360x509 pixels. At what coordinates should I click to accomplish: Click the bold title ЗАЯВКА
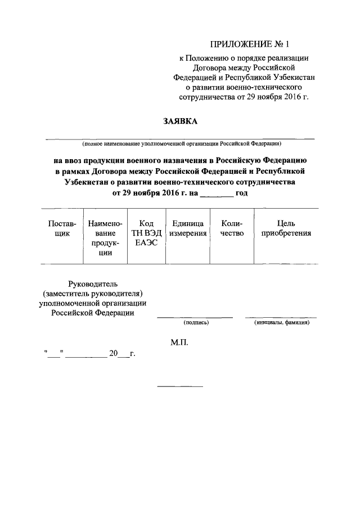[181, 121]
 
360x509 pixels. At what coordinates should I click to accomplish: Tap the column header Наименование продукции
[105, 238]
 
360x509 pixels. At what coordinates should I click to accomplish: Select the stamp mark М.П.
[179, 342]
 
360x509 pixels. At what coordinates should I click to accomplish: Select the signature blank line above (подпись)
[195, 317]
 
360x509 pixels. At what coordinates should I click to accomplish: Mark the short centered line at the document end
[180, 386]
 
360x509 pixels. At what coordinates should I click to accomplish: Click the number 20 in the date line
[114, 354]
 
